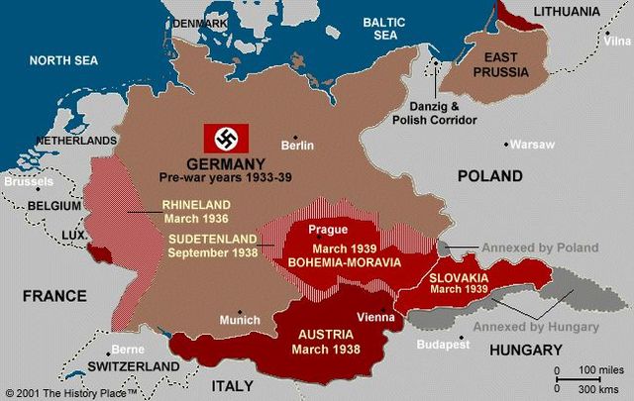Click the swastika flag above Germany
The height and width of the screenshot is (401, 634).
pos(226,138)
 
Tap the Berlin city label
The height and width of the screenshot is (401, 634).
pos(297,145)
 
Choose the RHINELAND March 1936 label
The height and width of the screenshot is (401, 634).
pos(195,212)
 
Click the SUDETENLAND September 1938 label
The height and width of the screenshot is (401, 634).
pos(212,246)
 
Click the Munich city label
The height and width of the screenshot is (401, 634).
pos(241,320)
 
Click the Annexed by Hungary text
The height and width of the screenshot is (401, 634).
pos(535,326)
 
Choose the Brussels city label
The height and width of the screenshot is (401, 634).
pos(29,181)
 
